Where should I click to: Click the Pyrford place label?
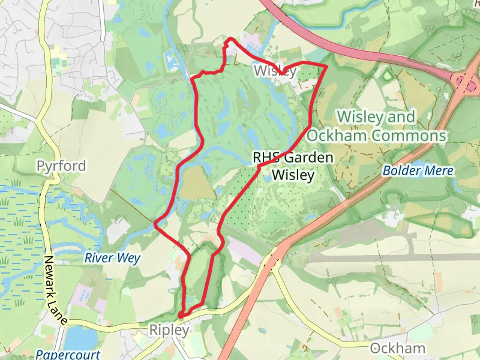click(x=61, y=166)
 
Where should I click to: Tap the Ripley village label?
click(x=169, y=330)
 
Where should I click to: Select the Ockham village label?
click(x=398, y=349)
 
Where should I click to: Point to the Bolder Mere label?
click(x=418, y=171)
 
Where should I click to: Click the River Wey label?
click(x=112, y=259)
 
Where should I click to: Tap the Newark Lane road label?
click(x=55, y=291)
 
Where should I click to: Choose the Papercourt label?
click(x=67, y=354)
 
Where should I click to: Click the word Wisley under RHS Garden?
click(x=293, y=175)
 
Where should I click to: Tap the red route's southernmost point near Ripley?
click(x=181, y=315)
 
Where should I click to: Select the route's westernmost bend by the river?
click(x=155, y=224)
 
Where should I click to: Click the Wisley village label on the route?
click(x=275, y=71)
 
